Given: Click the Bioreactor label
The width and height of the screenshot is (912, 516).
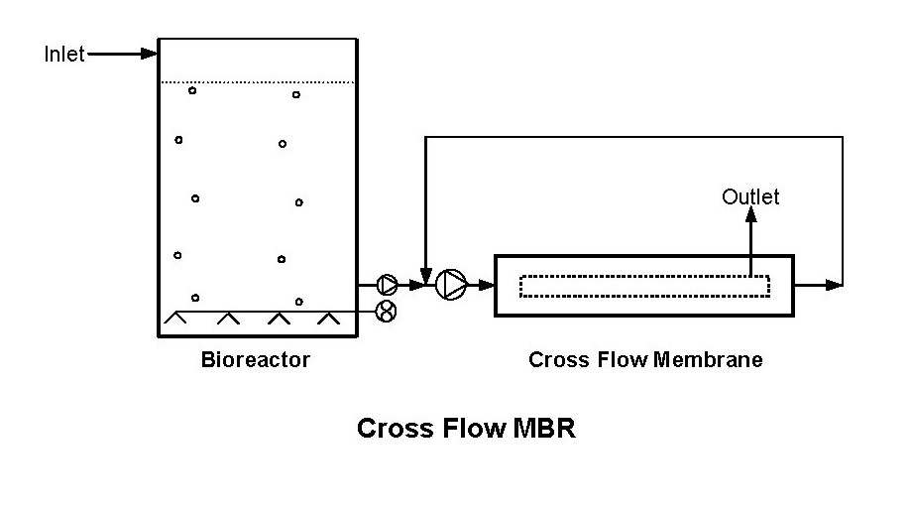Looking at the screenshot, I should point(256,360).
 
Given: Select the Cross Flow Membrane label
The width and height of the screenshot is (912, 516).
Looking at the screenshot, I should point(645,360).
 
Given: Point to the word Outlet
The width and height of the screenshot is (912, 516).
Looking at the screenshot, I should point(750,196).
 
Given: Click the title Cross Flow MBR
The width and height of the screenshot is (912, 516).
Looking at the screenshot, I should point(466,429).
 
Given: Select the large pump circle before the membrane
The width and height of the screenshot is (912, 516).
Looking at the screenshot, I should point(451,285).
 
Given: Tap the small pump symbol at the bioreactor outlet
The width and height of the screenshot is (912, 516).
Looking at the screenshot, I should point(387,285).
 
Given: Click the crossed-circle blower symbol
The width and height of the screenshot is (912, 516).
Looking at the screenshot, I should point(387,312).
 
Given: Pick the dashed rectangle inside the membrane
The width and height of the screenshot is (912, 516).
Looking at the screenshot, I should point(644,285).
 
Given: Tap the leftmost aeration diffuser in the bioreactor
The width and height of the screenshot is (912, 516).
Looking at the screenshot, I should point(177,319).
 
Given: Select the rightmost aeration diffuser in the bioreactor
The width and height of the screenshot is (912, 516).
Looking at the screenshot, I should point(328,319).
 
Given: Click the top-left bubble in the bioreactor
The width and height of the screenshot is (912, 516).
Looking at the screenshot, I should point(192,90).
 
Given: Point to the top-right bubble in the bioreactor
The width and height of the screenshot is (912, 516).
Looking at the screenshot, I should point(295,94).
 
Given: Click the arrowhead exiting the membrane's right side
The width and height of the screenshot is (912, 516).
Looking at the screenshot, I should point(836,285).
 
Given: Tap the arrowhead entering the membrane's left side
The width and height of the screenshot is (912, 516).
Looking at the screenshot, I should point(487,285).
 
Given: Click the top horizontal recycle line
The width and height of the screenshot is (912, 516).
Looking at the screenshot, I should point(634,137).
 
